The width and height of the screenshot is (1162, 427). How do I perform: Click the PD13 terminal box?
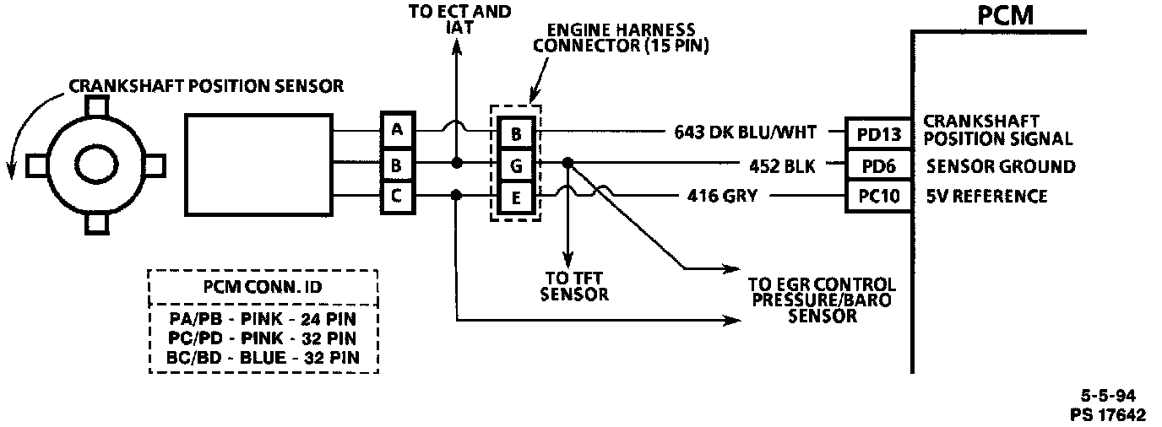[x=878, y=133]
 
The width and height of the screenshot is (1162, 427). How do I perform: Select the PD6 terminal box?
[x=878, y=165]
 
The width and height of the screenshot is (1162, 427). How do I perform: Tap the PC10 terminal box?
[x=878, y=197]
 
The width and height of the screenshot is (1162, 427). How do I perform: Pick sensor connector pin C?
[x=396, y=197]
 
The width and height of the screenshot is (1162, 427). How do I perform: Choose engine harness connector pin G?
[x=515, y=165]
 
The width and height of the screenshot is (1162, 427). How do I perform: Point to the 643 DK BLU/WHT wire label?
[x=746, y=132]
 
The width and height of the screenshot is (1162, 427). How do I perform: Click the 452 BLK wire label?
[x=781, y=166]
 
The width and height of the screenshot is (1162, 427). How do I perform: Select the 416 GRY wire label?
[x=722, y=197]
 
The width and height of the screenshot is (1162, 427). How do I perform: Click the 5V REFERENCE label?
[x=986, y=197]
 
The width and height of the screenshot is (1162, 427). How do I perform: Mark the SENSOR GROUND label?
[x=1001, y=166]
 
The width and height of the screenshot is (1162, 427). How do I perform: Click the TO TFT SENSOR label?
[x=574, y=287]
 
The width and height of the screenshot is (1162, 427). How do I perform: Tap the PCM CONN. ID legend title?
[x=263, y=287]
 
